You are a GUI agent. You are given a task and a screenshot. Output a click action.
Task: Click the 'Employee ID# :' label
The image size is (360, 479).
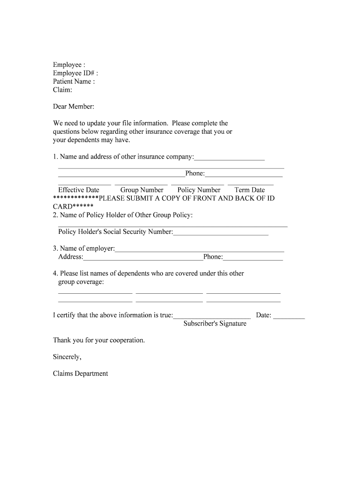point(75,73)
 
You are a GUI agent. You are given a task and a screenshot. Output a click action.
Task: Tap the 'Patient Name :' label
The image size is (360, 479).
point(74,81)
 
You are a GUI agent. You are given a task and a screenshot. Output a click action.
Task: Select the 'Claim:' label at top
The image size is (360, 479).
point(62,90)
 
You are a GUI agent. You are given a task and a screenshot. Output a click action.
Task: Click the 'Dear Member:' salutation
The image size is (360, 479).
point(73,107)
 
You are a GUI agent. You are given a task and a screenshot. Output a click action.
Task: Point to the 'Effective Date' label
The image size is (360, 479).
point(79,190)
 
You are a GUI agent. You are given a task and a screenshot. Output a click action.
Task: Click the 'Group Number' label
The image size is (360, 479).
point(142,190)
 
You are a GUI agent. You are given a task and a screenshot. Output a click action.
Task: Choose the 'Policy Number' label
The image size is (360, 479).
point(199,190)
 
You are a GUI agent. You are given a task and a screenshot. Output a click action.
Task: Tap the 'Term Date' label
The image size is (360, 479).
point(250,190)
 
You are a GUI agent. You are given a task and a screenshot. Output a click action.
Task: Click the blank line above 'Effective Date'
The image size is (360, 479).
point(84,185)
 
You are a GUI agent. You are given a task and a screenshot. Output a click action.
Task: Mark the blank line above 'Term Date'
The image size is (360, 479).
point(250,185)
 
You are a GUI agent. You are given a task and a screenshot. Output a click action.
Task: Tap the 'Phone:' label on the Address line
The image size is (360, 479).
point(213,257)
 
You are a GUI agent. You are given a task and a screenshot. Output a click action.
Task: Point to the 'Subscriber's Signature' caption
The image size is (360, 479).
point(215,324)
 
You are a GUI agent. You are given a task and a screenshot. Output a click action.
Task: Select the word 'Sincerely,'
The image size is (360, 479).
point(67,357)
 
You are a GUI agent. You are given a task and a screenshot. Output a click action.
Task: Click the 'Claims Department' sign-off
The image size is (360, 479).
point(80,374)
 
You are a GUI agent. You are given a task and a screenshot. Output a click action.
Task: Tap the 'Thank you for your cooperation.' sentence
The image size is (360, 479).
point(99,340)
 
